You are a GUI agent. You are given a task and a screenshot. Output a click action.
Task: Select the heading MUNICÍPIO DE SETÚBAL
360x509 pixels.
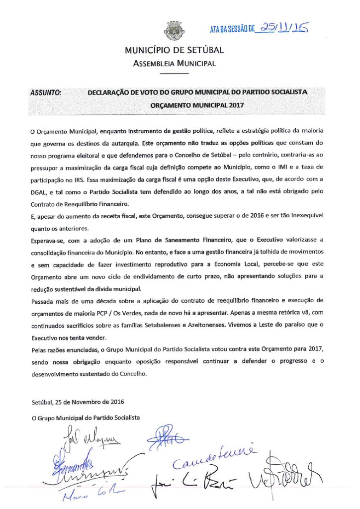[x=175, y=50]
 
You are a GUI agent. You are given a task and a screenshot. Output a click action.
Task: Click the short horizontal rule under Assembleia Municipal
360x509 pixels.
[x=174, y=74]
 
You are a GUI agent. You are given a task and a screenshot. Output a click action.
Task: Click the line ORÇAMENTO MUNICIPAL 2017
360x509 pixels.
[x=196, y=105]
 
